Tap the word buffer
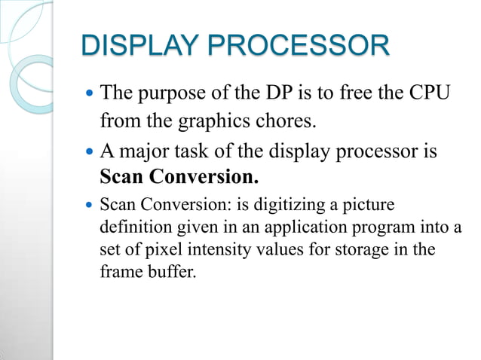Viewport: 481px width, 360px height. pyautogui.click(x=171, y=271)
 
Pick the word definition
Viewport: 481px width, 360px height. pyautogui.click(x=135, y=227)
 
